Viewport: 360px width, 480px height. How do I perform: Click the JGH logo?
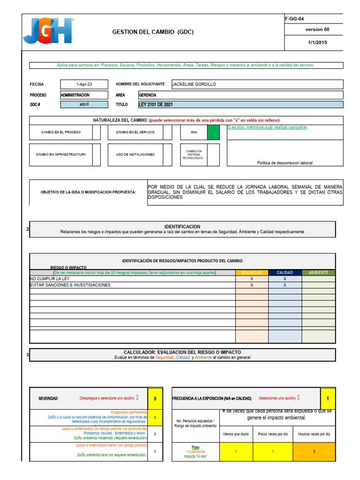(48, 31)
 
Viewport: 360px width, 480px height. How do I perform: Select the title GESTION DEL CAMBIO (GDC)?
(153, 32)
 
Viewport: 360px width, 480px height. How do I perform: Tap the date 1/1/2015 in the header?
(317, 42)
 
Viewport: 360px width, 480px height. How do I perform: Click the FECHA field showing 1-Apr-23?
(84, 84)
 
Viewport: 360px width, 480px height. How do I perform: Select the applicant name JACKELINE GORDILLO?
(195, 84)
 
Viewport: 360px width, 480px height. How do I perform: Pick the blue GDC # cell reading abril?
(84, 105)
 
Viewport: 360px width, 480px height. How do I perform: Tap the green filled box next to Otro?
(213, 133)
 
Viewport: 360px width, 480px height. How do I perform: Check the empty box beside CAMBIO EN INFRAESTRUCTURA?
(96, 154)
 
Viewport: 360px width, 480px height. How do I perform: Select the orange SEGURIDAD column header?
(252, 272)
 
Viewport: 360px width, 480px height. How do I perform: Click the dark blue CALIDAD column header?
(285, 272)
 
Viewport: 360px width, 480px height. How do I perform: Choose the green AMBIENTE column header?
(318, 272)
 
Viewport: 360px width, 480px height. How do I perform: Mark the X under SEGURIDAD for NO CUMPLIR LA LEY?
(252, 278)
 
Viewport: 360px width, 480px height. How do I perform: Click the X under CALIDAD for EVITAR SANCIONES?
(285, 285)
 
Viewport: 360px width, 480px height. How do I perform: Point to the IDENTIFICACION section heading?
(182, 226)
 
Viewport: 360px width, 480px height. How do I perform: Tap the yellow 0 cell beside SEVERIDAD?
(155, 398)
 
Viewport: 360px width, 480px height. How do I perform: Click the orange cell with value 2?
(314, 451)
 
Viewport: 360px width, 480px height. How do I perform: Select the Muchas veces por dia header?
(314, 434)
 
